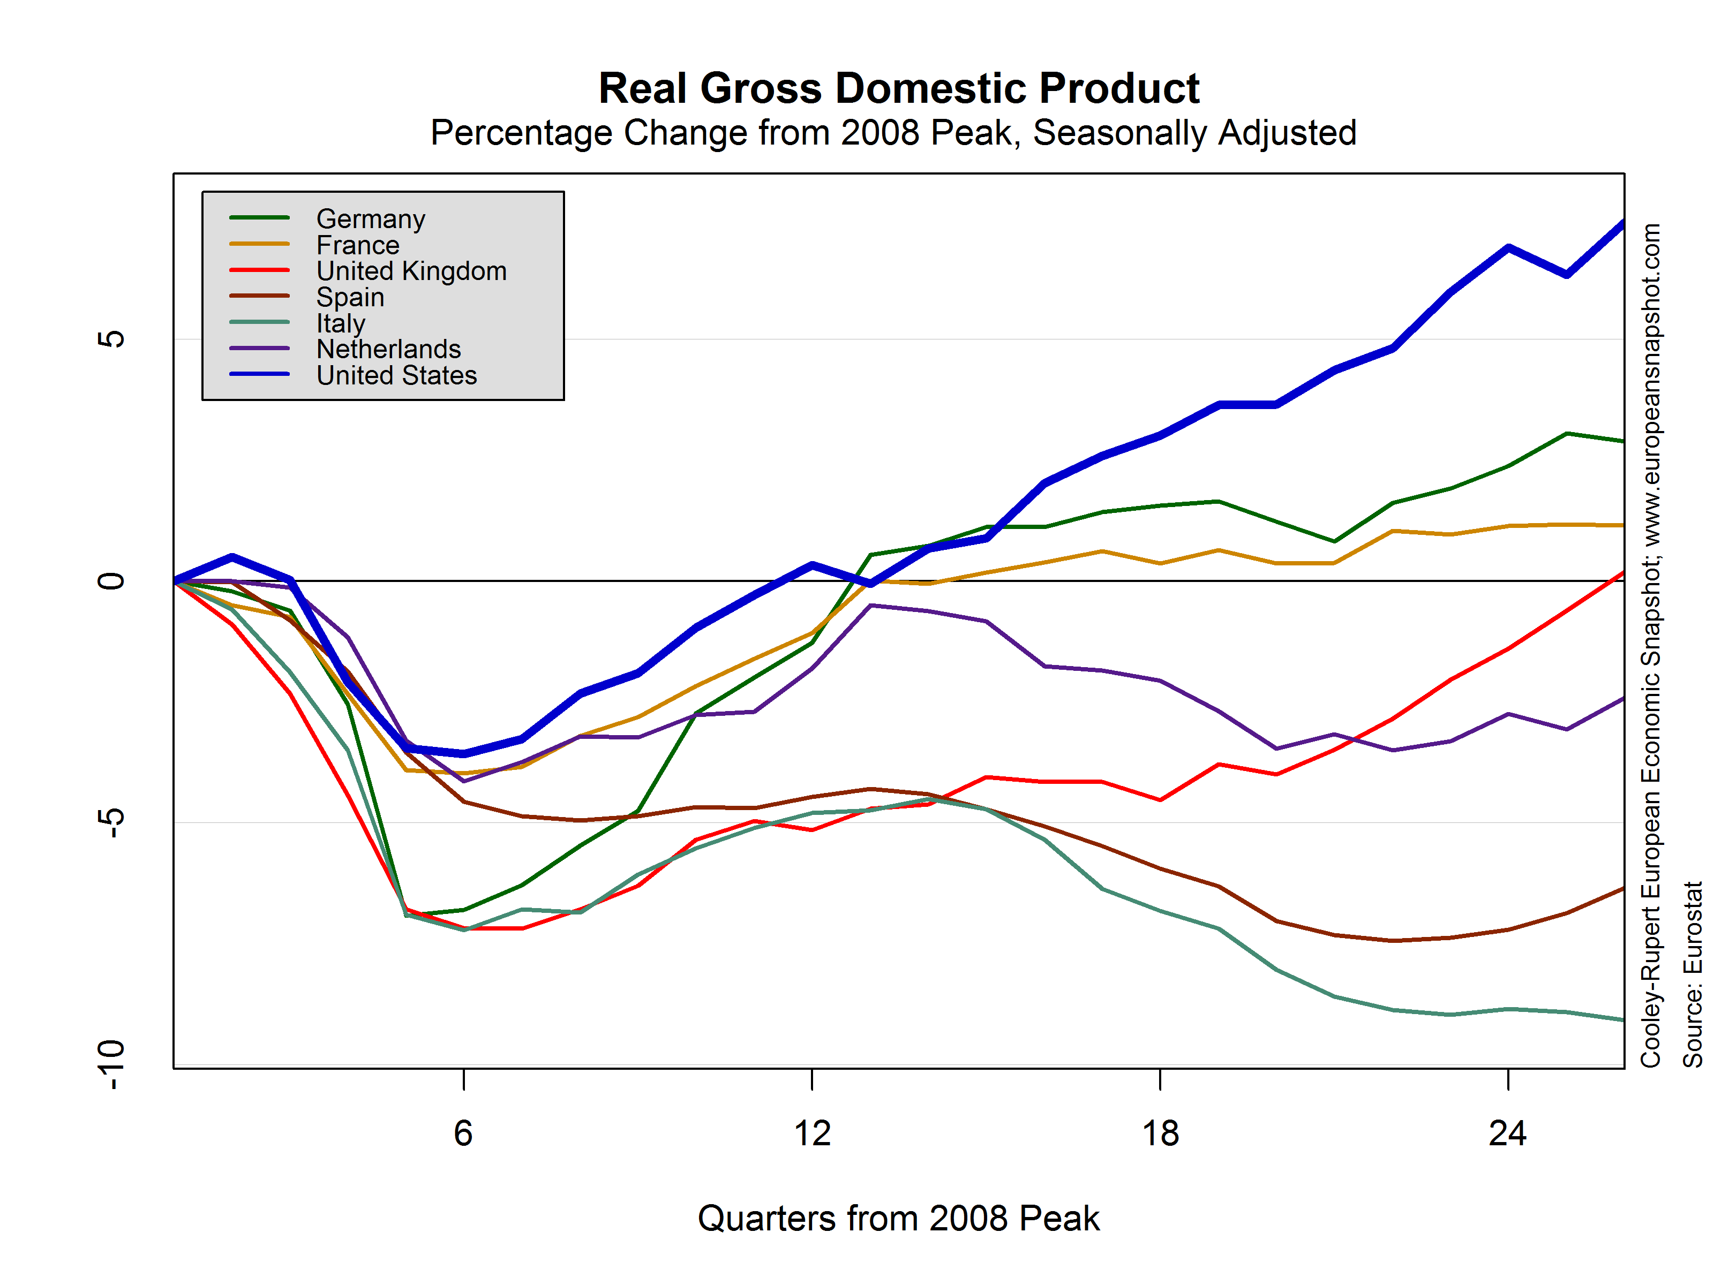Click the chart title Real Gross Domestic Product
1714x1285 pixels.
pos(898,88)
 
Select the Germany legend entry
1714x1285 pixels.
pos(371,219)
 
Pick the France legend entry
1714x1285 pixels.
pos(357,246)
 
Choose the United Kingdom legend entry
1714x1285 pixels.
pos(411,271)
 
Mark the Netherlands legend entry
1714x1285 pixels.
pos(388,349)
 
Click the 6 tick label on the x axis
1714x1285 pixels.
pos(463,1133)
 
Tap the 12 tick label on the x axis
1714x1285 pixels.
pos(812,1133)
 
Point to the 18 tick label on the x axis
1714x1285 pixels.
pos(1160,1133)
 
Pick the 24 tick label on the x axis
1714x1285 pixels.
pos(1508,1133)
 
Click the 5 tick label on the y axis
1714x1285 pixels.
pos(111,339)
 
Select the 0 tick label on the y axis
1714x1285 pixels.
pos(111,581)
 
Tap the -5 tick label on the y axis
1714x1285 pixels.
pos(111,822)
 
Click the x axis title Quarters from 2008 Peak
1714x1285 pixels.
pos(898,1219)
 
